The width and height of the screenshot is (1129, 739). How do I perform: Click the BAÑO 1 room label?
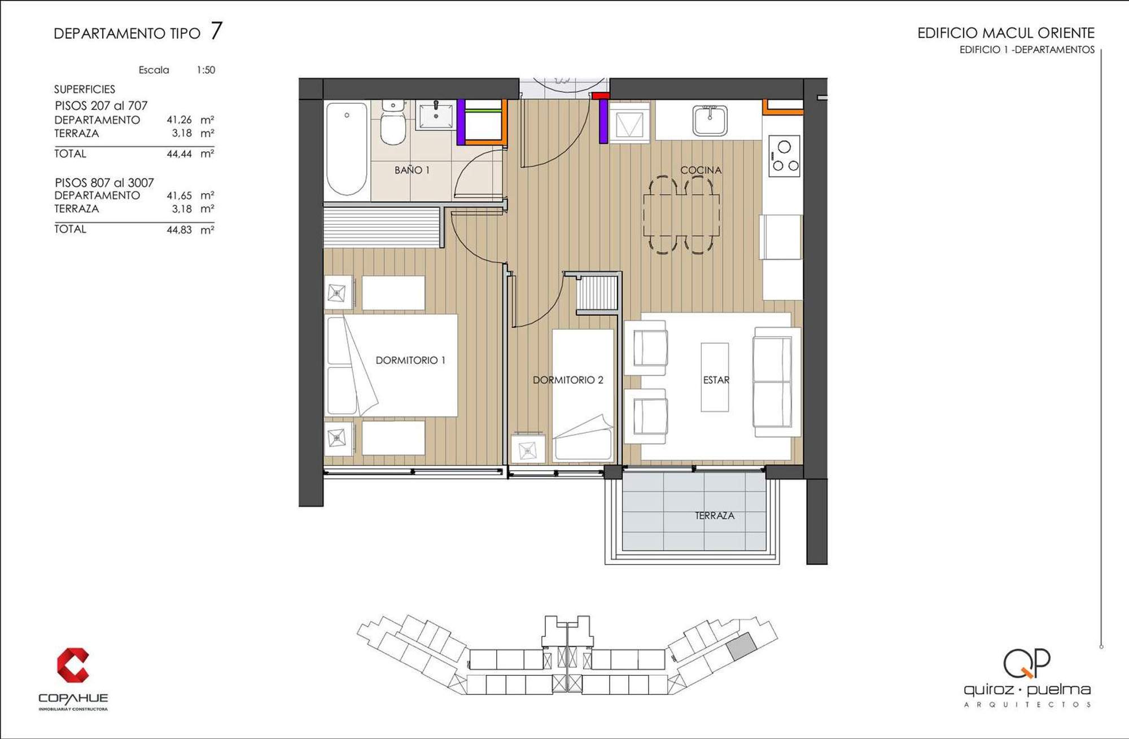[x=412, y=170]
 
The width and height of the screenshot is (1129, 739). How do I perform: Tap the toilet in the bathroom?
[x=393, y=123]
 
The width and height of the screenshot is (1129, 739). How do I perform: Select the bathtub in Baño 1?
[x=347, y=148]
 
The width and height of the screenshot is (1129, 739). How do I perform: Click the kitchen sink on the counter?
[x=710, y=120]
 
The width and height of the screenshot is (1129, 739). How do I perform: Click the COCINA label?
[x=701, y=170]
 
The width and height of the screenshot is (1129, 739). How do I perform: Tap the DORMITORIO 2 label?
[x=568, y=380]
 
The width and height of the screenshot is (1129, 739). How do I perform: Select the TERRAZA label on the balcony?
[x=715, y=515]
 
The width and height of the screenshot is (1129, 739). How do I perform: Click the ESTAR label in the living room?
[x=716, y=380]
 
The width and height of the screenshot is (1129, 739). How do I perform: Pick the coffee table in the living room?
[x=715, y=377]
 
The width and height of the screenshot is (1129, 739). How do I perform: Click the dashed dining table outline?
[x=682, y=215]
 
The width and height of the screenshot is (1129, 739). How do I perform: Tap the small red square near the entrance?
[x=600, y=95]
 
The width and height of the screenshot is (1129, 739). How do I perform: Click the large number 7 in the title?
[x=216, y=30]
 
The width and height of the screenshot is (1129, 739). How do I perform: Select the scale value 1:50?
[x=206, y=70]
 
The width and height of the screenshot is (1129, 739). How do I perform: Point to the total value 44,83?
[x=179, y=230]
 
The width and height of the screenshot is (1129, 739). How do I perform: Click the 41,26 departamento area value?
[x=179, y=120]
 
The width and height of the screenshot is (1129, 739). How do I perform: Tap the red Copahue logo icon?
[x=73, y=665]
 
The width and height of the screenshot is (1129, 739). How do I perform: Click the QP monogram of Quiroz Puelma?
[x=1027, y=663]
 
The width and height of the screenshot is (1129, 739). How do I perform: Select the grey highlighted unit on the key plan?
[x=741, y=646]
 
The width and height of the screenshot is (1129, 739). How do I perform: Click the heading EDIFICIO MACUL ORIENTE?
[x=1006, y=33]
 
